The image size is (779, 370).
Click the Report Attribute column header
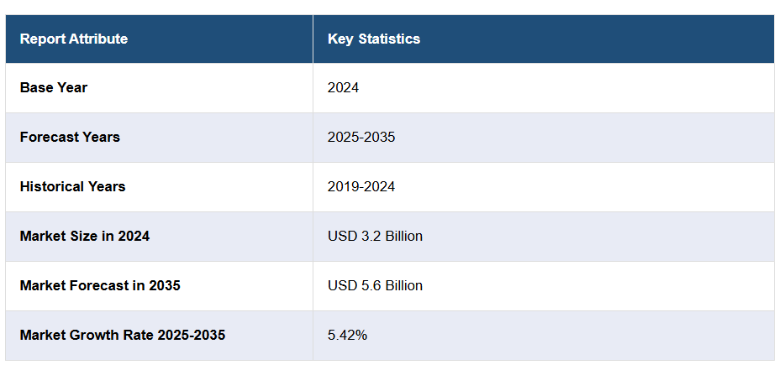tap(74, 39)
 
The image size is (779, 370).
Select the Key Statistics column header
tap(373, 39)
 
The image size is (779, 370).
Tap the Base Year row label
tap(54, 87)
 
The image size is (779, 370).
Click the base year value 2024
tap(343, 87)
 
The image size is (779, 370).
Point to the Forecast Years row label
tap(70, 137)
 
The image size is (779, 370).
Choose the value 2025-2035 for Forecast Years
tap(361, 137)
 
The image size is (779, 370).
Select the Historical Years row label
tap(72, 186)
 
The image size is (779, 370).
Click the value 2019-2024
tap(361, 186)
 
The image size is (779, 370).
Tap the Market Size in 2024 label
tap(85, 236)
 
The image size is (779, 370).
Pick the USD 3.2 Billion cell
tap(375, 236)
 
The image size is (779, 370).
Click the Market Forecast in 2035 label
tap(100, 285)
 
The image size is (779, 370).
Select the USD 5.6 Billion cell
tap(375, 285)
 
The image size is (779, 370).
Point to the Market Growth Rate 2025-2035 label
tap(123, 335)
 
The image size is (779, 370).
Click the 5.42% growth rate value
tap(347, 335)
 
